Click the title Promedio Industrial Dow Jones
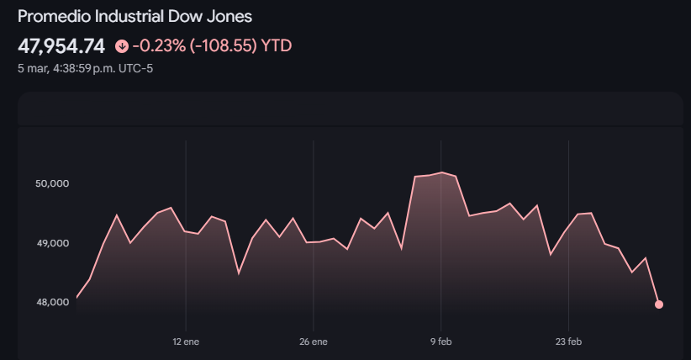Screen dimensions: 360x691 135,17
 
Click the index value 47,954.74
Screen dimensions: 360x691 61,45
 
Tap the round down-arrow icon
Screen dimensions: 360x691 122,46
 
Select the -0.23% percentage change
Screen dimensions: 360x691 157,45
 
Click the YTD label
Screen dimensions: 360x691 277,45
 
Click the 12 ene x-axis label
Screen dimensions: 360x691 186,342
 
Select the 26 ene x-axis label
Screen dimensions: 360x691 314,342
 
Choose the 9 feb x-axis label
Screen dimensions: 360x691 441,342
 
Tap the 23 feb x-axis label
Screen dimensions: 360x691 569,342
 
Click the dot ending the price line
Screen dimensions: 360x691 659,304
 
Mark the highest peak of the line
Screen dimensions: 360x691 442,172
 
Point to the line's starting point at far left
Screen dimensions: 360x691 76,298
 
